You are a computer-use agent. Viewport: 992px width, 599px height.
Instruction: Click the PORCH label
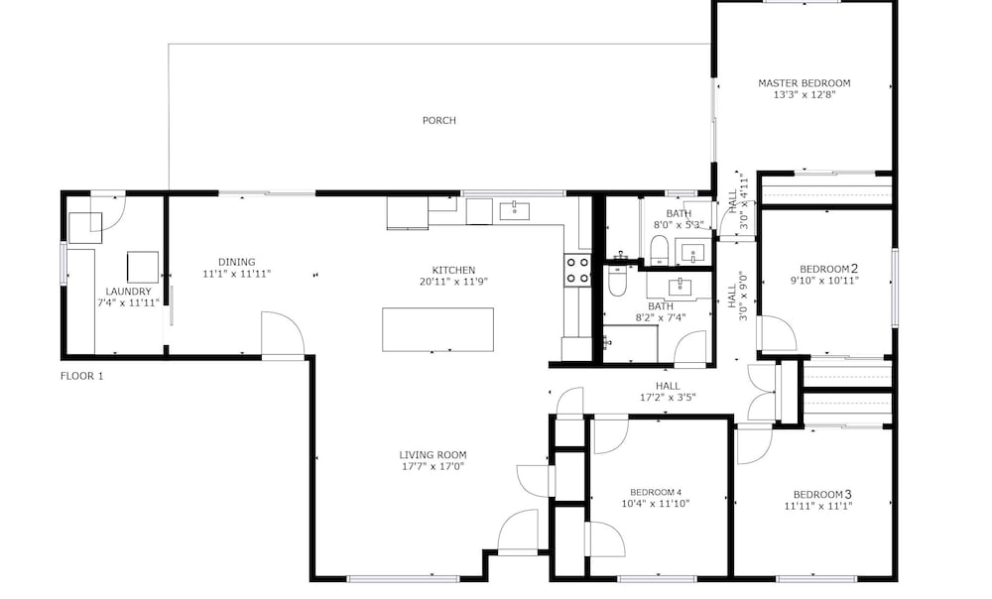click(x=439, y=120)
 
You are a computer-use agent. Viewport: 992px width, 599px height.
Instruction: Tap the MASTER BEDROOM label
click(x=805, y=83)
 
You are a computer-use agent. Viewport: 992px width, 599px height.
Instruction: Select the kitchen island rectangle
click(x=437, y=329)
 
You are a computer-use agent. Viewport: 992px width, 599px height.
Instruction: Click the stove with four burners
click(x=577, y=270)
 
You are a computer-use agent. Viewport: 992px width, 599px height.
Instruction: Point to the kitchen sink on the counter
click(x=514, y=211)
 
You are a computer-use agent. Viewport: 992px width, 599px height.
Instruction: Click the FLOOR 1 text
click(x=81, y=376)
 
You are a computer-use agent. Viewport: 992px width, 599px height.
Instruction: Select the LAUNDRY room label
click(x=128, y=292)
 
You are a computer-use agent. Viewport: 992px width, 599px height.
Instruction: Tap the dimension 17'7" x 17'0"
click(x=433, y=467)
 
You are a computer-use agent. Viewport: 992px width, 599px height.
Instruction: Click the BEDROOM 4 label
click(x=656, y=492)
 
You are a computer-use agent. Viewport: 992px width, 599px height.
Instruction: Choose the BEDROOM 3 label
click(x=822, y=494)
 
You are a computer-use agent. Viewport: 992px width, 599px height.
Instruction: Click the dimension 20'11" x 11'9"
click(x=453, y=282)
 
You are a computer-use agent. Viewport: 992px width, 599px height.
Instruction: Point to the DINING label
click(x=237, y=262)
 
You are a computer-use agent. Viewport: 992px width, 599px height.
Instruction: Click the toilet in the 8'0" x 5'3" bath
click(x=660, y=249)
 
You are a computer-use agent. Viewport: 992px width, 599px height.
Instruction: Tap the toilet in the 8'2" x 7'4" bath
click(x=617, y=282)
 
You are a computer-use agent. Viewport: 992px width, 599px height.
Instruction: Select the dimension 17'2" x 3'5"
click(x=668, y=398)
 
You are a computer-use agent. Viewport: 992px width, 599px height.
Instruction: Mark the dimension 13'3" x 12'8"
click(x=805, y=95)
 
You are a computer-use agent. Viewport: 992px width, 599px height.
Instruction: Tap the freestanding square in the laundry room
click(x=142, y=267)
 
